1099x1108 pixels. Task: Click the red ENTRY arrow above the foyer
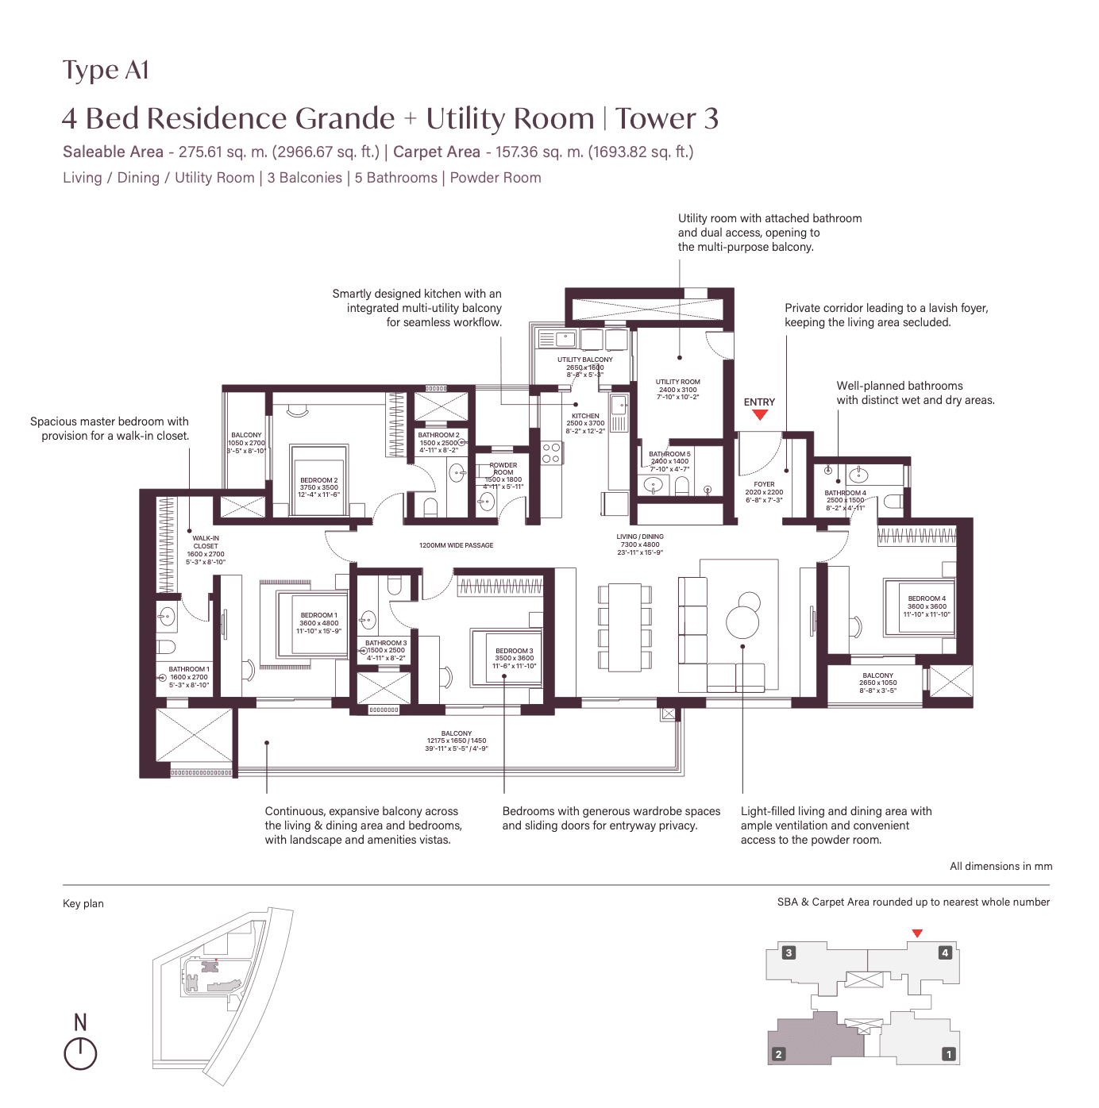(x=760, y=414)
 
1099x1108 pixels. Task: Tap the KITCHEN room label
(x=585, y=416)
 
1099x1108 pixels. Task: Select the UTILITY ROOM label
(x=677, y=382)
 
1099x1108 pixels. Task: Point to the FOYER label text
(x=764, y=484)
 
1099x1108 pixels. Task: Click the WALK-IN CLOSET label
(x=206, y=542)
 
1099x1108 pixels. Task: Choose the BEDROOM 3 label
(x=515, y=651)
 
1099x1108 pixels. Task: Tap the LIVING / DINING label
(x=640, y=537)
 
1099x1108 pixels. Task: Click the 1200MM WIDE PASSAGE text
(x=456, y=545)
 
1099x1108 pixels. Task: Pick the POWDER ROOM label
(x=503, y=468)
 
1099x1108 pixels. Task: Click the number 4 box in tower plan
(x=945, y=952)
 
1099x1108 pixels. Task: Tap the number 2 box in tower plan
(x=779, y=1054)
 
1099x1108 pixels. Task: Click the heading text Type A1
(x=106, y=71)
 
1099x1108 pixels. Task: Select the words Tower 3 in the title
(x=667, y=119)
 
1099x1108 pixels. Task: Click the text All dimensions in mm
(x=1001, y=866)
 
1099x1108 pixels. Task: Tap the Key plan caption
(x=83, y=903)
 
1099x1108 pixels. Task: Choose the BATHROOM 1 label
(x=189, y=669)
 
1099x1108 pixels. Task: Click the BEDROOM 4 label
(x=927, y=598)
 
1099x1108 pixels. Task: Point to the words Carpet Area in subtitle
(x=437, y=152)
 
